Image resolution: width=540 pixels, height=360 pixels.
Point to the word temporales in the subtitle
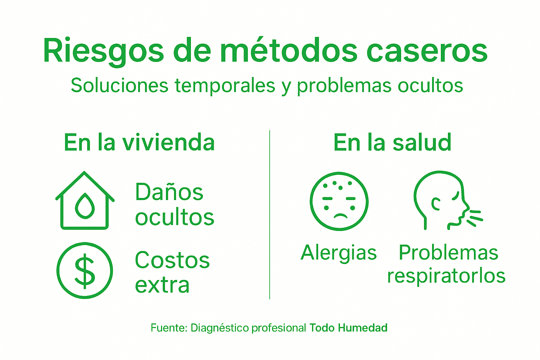click(225, 85)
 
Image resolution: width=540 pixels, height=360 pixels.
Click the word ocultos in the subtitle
click(430, 85)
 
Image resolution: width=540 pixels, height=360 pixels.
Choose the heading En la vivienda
click(139, 142)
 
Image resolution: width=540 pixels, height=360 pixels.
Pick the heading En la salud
click(392, 142)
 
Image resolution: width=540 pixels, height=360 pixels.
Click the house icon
click(85, 200)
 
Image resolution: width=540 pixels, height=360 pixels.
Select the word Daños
click(169, 192)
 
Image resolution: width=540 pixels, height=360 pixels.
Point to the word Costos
click(172, 260)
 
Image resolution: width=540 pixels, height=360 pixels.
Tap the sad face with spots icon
click(339, 201)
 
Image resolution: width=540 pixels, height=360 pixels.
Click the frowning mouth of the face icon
click(340, 216)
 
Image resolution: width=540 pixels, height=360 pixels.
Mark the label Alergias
click(339, 253)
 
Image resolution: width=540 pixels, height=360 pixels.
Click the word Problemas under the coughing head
click(448, 252)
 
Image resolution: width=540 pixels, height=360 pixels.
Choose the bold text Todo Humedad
click(348, 328)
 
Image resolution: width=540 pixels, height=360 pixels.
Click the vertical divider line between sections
click(270, 214)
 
